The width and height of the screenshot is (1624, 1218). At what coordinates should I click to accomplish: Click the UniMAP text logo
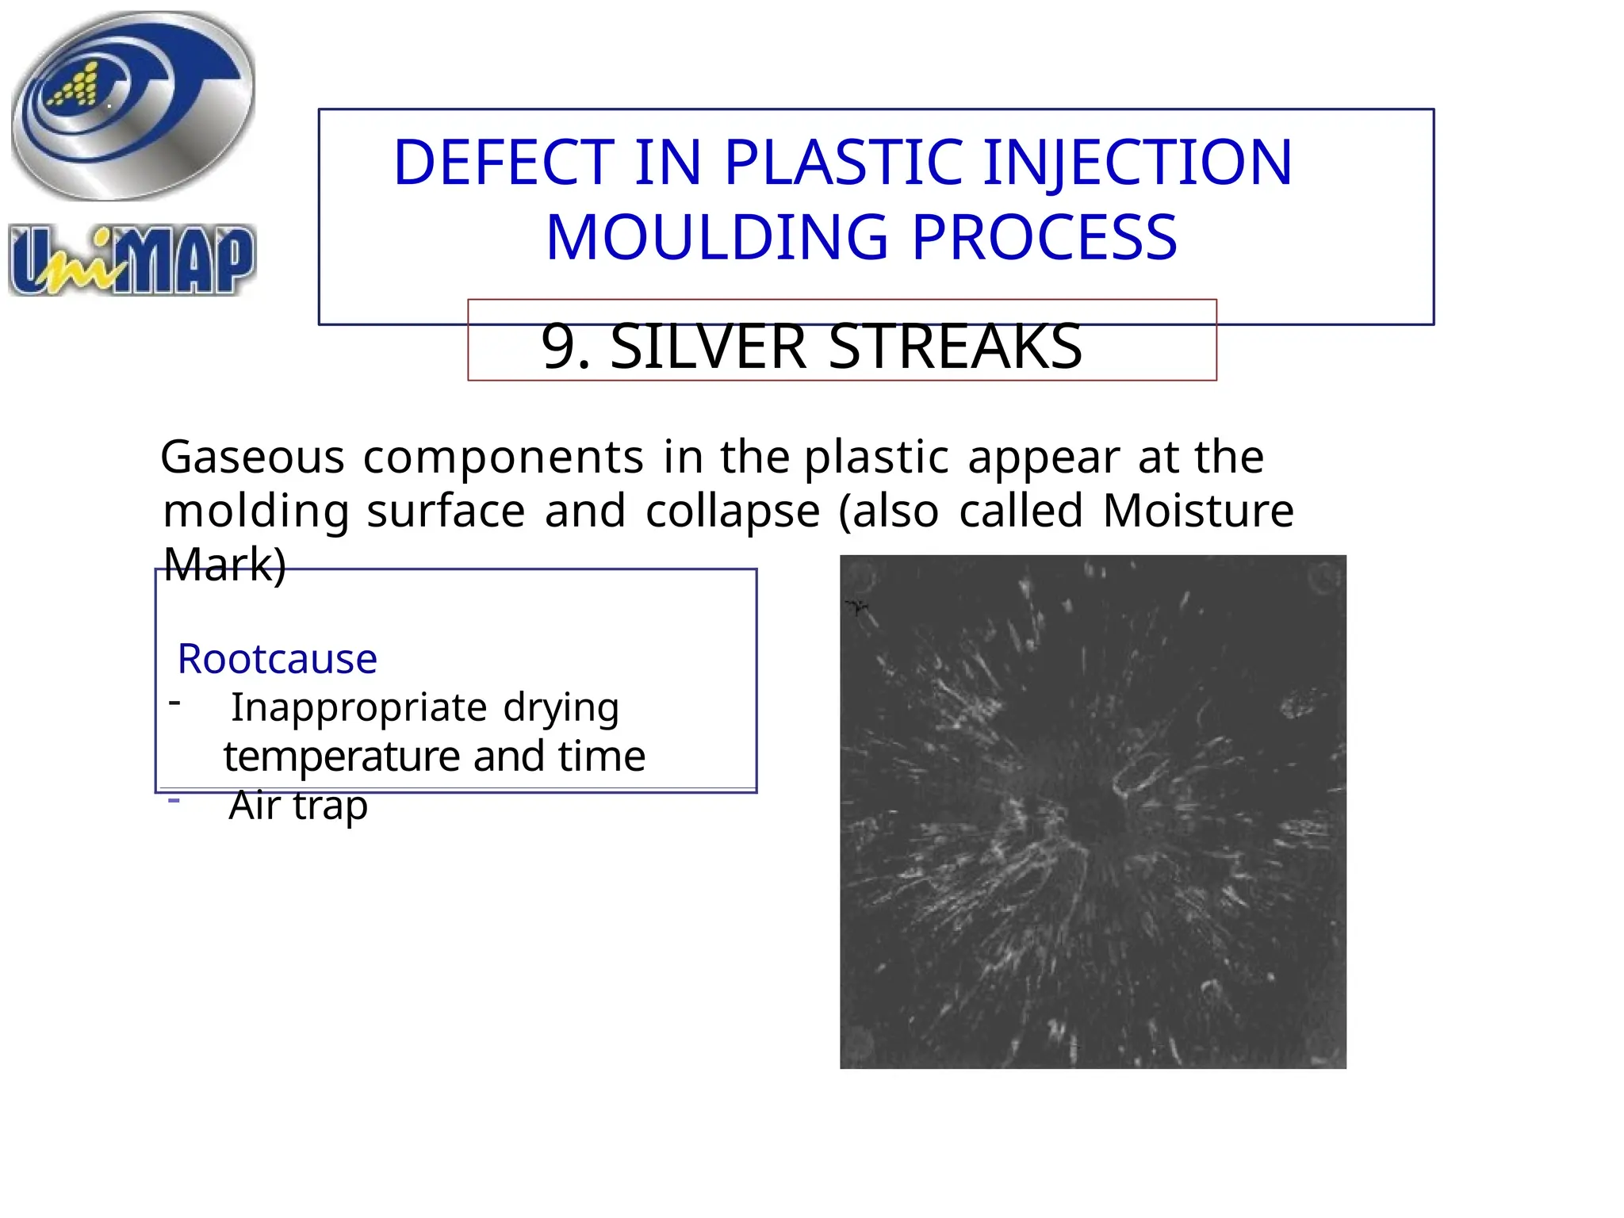(x=132, y=261)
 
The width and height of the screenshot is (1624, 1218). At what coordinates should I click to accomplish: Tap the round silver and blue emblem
(x=132, y=105)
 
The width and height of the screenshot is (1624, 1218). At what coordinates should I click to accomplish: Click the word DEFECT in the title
(x=504, y=163)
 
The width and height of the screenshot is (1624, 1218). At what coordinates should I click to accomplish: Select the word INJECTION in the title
(x=1137, y=163)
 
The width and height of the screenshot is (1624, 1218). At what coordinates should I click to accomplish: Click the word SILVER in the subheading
(x=708, y=347)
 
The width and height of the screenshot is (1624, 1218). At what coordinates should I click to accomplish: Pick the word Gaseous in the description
(x=252, y=458)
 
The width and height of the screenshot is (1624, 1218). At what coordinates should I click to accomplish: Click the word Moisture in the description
(x=1197, y=510)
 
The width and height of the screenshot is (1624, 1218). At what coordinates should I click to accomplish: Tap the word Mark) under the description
(x=224, y=565)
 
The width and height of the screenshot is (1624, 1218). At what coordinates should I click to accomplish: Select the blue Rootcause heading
(x=278, y=659)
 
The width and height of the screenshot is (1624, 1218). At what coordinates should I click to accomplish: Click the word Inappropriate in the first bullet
(x=358, y=707)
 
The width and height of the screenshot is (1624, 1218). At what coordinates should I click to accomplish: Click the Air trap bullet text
(x=298, y=806)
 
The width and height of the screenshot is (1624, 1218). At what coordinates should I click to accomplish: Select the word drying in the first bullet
(x=561, y=707)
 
